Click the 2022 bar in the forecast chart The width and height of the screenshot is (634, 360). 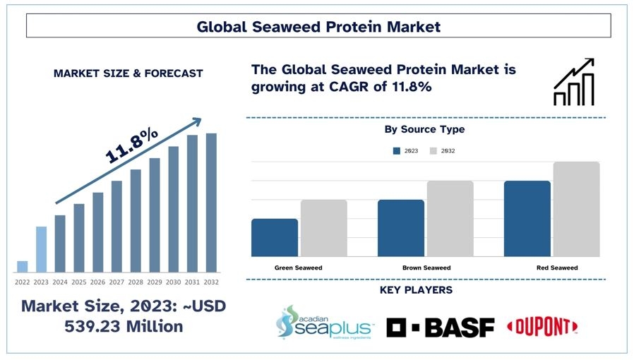[x=22, y=267]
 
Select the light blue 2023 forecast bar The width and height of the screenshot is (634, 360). [x=41, y=249]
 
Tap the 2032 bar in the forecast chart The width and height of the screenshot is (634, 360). [x=211, y=203]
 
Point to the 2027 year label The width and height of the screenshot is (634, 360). [x=116, y=282]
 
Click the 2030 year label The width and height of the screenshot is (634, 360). [x=173, y=282]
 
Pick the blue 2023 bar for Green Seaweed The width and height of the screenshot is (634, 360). [x=275, y=238]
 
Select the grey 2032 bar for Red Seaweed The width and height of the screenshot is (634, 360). [x=576, y=209]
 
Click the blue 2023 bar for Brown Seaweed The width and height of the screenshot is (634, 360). [x=401, y=228]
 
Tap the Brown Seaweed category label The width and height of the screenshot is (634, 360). [x=426, y=268]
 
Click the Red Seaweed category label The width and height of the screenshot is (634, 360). [x=557, y=268]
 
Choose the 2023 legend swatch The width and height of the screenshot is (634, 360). [x=397, y=151]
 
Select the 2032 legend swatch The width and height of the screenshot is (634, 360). [x=433, y=151]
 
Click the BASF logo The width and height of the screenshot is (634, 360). [x=441, y=328]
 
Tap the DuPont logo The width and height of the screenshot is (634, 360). [x=542, y=326]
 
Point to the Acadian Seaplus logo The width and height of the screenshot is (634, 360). [x=325, y=323]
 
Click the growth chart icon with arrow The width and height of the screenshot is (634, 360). [x=574, y=82]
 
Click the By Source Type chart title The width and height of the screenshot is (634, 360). [x=424, y=129]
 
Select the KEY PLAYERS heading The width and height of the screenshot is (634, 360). [x=416, y=290]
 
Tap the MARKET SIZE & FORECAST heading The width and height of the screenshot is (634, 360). [x=128, y=73]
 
